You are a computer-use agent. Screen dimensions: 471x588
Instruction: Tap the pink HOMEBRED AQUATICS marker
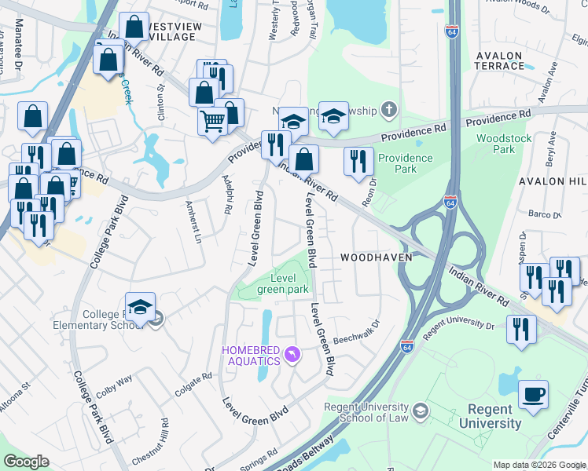point(292,356)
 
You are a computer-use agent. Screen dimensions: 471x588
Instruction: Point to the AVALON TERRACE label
point(500,60)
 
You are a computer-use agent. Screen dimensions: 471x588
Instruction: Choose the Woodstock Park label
point(505,144)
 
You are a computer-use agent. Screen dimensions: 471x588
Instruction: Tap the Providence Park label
point(406,162)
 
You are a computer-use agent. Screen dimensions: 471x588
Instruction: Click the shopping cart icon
point(212,122)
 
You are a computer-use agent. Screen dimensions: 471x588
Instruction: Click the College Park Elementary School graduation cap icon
point(140,307)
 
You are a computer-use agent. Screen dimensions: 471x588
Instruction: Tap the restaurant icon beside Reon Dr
point(358,161)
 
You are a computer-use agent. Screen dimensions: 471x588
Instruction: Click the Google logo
point(27,462)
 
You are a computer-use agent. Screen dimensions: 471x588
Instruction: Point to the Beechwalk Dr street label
point(356,332)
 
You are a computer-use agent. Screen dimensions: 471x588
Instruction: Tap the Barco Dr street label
point(543,213)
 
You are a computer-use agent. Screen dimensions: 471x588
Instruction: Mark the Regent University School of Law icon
point(421,411)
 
